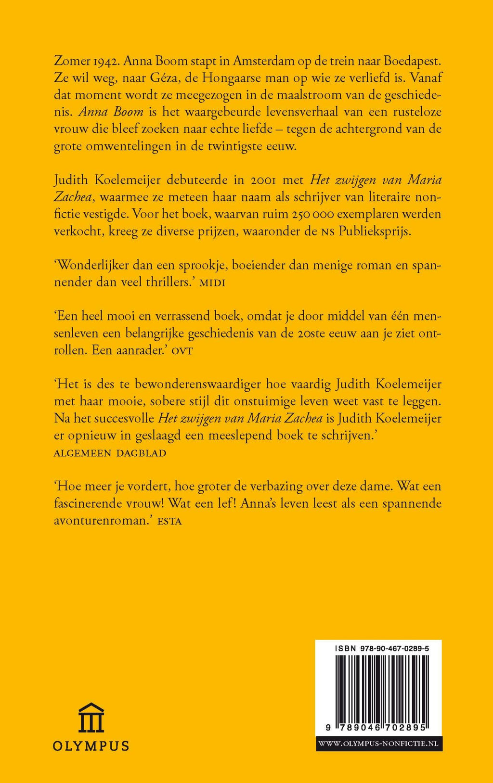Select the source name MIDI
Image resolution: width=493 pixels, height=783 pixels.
(212, 282)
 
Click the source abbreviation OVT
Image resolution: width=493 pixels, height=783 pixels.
(182, 351)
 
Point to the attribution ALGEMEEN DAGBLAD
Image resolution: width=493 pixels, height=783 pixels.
(110, 453)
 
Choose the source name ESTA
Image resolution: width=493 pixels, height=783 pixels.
(169, 521)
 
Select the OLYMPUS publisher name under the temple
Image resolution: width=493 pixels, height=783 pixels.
(91, 745)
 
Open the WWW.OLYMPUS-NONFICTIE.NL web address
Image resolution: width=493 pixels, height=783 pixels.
(378, 744)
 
